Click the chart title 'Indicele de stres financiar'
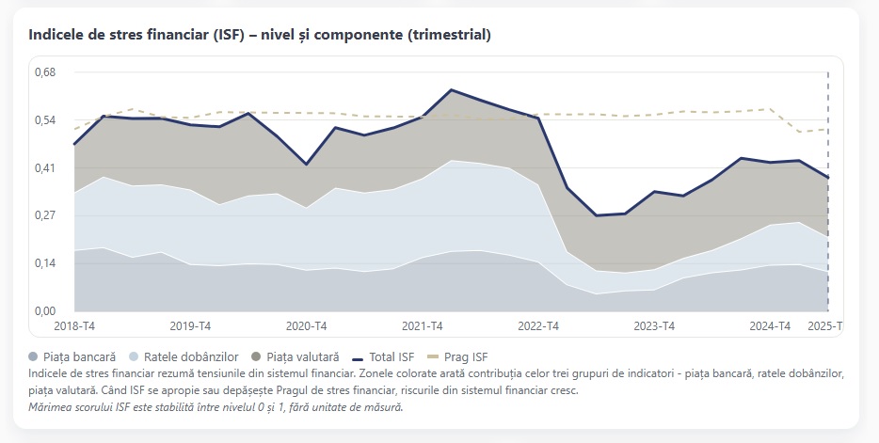(x=260, y=35)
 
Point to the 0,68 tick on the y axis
(x=43, y=72)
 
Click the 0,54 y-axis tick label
(x=43, y=120)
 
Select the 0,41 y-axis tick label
(x=43, y=168)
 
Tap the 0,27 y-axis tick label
(x=43, y=215)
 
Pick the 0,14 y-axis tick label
(x=43, y=263)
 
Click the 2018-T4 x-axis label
(x=75, y=326)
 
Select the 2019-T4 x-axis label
(x=191, y=326)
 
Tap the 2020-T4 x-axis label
(x=307, y=326)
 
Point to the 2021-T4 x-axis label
(x=423, y=326)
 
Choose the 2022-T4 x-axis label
(x=538, y=326)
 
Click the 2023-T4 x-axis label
(x=654, y=326)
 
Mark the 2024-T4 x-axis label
(x=770, y=326)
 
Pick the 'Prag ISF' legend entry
(x=464, y=357)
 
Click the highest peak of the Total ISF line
(x=452, y=89)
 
